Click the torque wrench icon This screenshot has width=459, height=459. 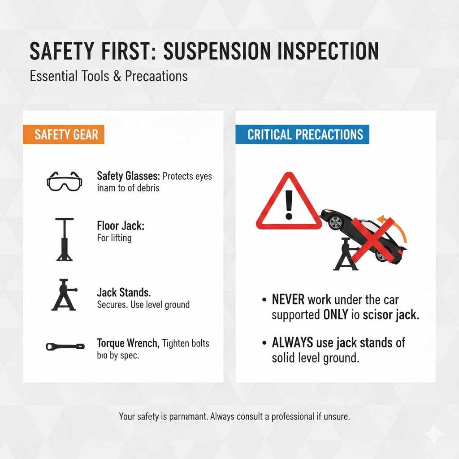point(65,346)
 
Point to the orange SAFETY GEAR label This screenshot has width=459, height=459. point(63,134)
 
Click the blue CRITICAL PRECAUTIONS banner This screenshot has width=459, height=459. point(302,134)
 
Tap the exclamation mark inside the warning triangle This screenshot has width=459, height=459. point(289,204)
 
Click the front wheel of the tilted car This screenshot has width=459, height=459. point(334,221)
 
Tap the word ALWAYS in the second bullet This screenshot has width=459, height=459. point(292,343)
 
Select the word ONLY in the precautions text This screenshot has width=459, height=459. point(335,315)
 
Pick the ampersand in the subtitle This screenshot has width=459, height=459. point(117,76)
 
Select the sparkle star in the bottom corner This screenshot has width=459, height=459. point(433,434)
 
